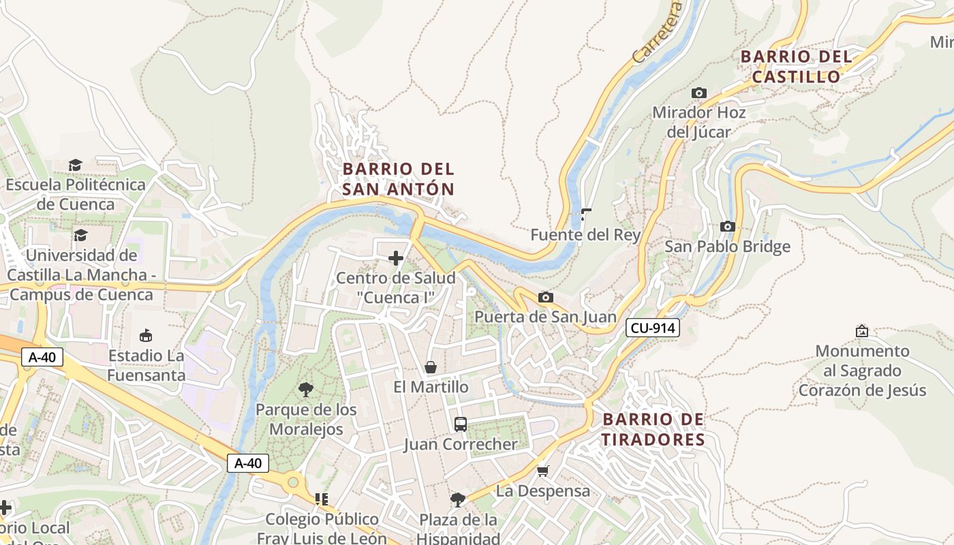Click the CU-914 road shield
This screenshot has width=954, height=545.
point(653,328)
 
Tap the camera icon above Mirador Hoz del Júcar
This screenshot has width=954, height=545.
point(699,93)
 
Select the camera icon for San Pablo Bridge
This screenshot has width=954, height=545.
point(727,226)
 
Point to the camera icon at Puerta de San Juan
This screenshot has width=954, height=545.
point(545,297)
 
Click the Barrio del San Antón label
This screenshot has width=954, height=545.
point(398,179)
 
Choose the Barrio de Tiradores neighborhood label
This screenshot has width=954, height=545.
point(653,429)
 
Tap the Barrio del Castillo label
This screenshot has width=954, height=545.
point(796,67)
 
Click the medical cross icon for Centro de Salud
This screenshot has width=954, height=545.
point(395,258)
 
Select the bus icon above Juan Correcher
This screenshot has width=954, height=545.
point(461,424)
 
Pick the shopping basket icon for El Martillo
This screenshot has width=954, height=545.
point(431,367)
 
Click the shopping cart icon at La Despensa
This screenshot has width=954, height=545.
point(543,471)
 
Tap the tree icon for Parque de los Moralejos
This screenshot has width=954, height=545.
point(306,390)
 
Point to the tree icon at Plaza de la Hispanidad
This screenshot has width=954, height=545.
point(458,500)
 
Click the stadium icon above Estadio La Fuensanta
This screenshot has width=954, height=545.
point(146,335)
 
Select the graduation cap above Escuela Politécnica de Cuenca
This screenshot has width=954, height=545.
point(75,165)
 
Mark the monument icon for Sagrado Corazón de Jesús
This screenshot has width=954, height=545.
point(862,331)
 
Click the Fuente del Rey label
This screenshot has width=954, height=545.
point(585,235)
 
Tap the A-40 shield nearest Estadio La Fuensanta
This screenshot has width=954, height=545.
point(42,357)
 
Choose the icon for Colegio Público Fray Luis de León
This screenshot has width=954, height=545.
point(322,499)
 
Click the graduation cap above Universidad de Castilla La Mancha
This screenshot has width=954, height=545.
point(80,235)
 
